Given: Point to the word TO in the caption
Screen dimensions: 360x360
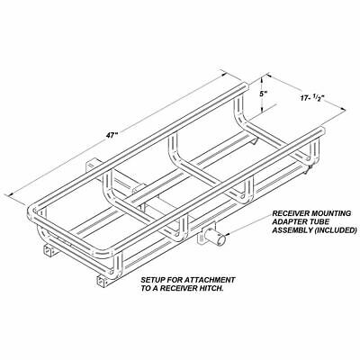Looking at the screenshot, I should (147, 293).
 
